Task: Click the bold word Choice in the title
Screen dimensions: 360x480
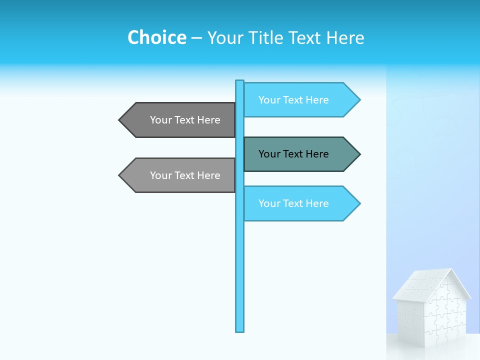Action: [156, 37]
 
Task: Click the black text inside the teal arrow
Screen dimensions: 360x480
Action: [293, 154]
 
